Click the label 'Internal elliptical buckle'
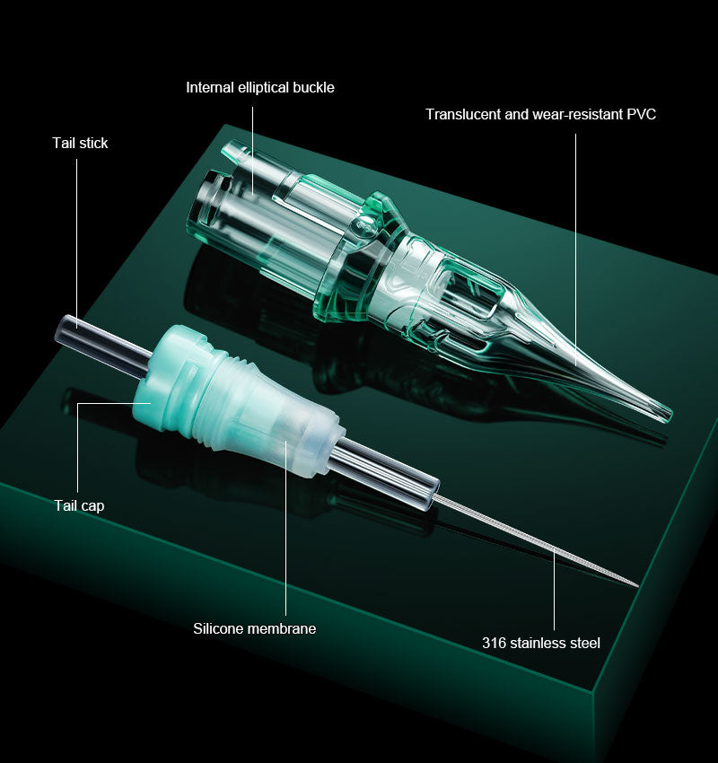(x=260, y=87)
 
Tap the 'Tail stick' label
(x=80, y=143)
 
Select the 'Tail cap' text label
(x=79, y=505)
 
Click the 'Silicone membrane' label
(x=255, y=628)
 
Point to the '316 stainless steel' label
(x=541, y=643)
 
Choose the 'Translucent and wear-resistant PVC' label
(x=540, y=114)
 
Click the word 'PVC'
(x=641, y=114)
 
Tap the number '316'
(x=494, y=643)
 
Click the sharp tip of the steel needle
(x=636, y=585)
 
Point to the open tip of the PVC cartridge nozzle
(x=665, y=414)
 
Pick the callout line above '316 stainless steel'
(x=554, y=592)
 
